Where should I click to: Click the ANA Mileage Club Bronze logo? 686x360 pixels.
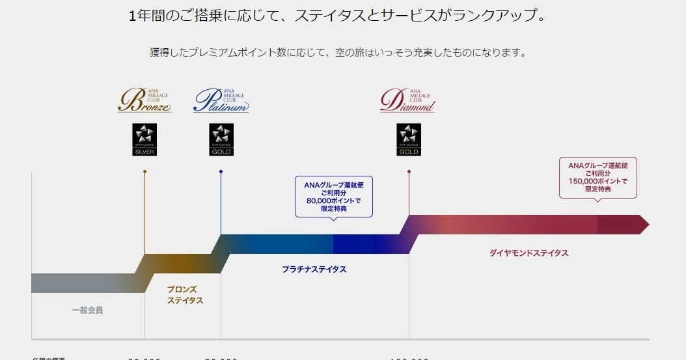click(144, 100)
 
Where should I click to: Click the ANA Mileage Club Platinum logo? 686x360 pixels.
click(221, 100)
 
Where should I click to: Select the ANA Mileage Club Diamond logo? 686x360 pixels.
click(408, 100)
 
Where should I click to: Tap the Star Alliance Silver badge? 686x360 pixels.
click(144, 139)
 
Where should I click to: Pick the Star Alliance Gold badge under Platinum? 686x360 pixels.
click(221, 139)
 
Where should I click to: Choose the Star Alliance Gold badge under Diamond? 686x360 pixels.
click(409, 139)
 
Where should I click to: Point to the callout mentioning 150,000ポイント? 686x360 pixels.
click(597, 177)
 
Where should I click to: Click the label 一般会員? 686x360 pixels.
click(87, 311)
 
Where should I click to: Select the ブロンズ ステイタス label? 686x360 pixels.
click(185, 295)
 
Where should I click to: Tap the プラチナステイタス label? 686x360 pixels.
click(314, 270)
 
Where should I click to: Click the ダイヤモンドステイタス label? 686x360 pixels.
click(528, 253)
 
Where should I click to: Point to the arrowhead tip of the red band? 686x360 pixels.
click(647, 225)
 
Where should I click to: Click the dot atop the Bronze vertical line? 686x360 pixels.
click(144, 172)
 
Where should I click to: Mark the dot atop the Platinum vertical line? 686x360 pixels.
click(221, 172)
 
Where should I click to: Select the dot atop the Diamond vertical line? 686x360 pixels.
click(409, 172)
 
